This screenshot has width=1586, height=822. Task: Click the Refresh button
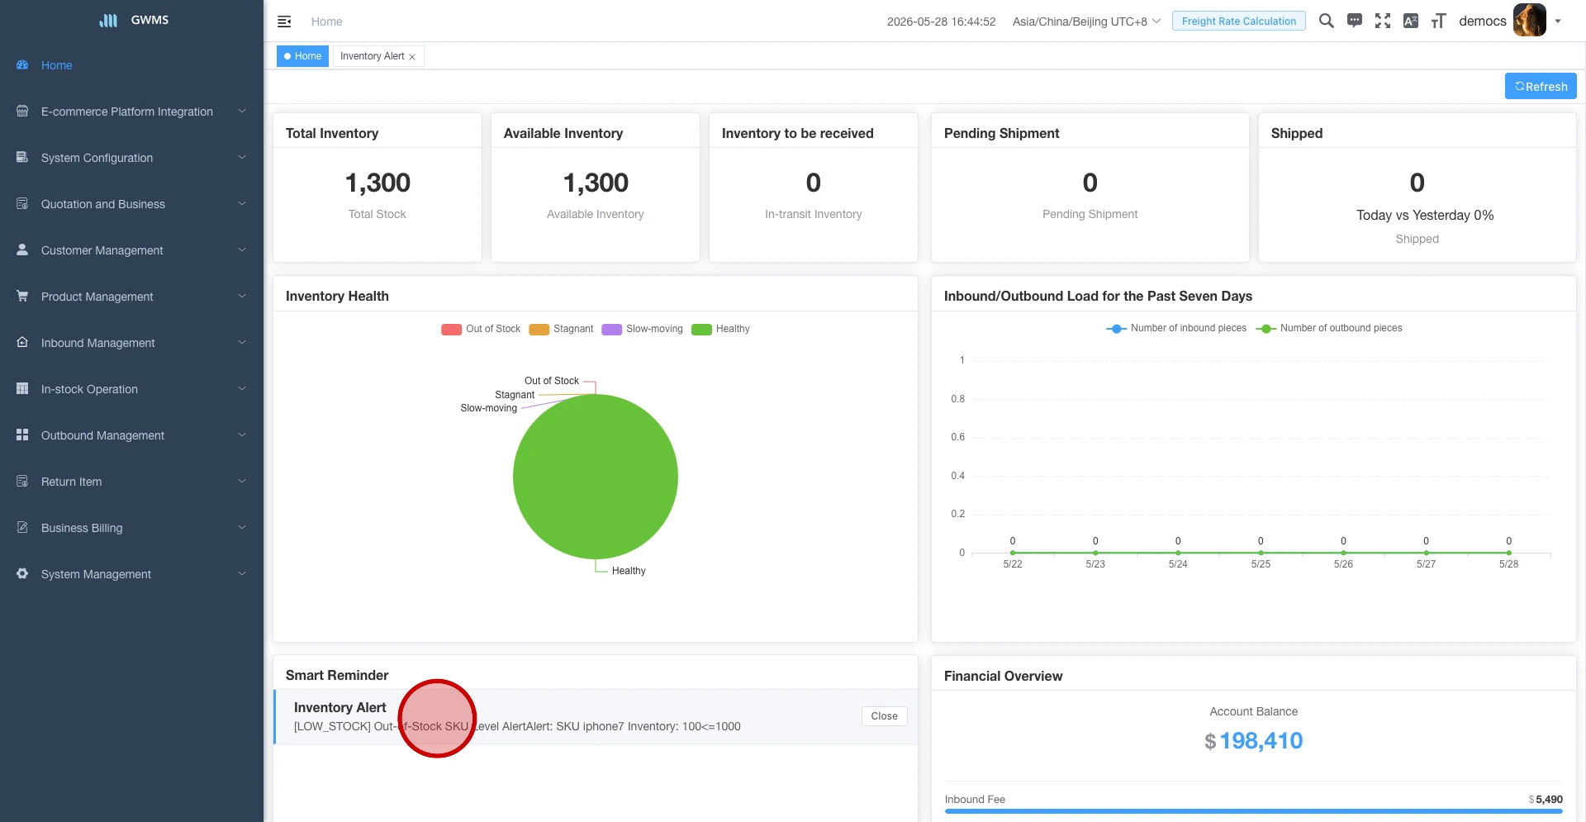pos(1541,86)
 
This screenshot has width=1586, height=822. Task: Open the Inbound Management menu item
pos(97,343)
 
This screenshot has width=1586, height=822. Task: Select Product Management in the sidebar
pos(97,297)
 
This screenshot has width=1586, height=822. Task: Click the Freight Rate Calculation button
pos(1238,21)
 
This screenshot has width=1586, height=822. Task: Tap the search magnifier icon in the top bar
pos(1327,21)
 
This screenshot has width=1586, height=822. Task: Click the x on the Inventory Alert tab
pos(412,57)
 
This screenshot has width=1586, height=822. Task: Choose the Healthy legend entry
pos(721,329)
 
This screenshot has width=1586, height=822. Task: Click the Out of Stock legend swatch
pos(452,330)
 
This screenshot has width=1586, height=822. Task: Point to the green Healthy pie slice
pos(596,477)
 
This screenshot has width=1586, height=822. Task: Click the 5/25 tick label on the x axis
pos(1261,564)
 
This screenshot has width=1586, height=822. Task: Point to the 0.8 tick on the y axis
pos(957,399)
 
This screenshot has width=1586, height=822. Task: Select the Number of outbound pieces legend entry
pos(1329,328)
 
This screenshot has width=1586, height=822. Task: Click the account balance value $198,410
pos(1253,741)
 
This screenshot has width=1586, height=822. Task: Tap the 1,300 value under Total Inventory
pos(378,183)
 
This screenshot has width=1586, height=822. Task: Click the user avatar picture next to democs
pos(1529,21)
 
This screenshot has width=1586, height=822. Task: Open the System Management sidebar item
pos(96,574)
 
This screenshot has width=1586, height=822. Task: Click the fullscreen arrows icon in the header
pos(1383,21)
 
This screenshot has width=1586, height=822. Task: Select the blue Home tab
pos(302,56)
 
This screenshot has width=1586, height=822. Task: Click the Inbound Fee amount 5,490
pos(1549,800)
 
